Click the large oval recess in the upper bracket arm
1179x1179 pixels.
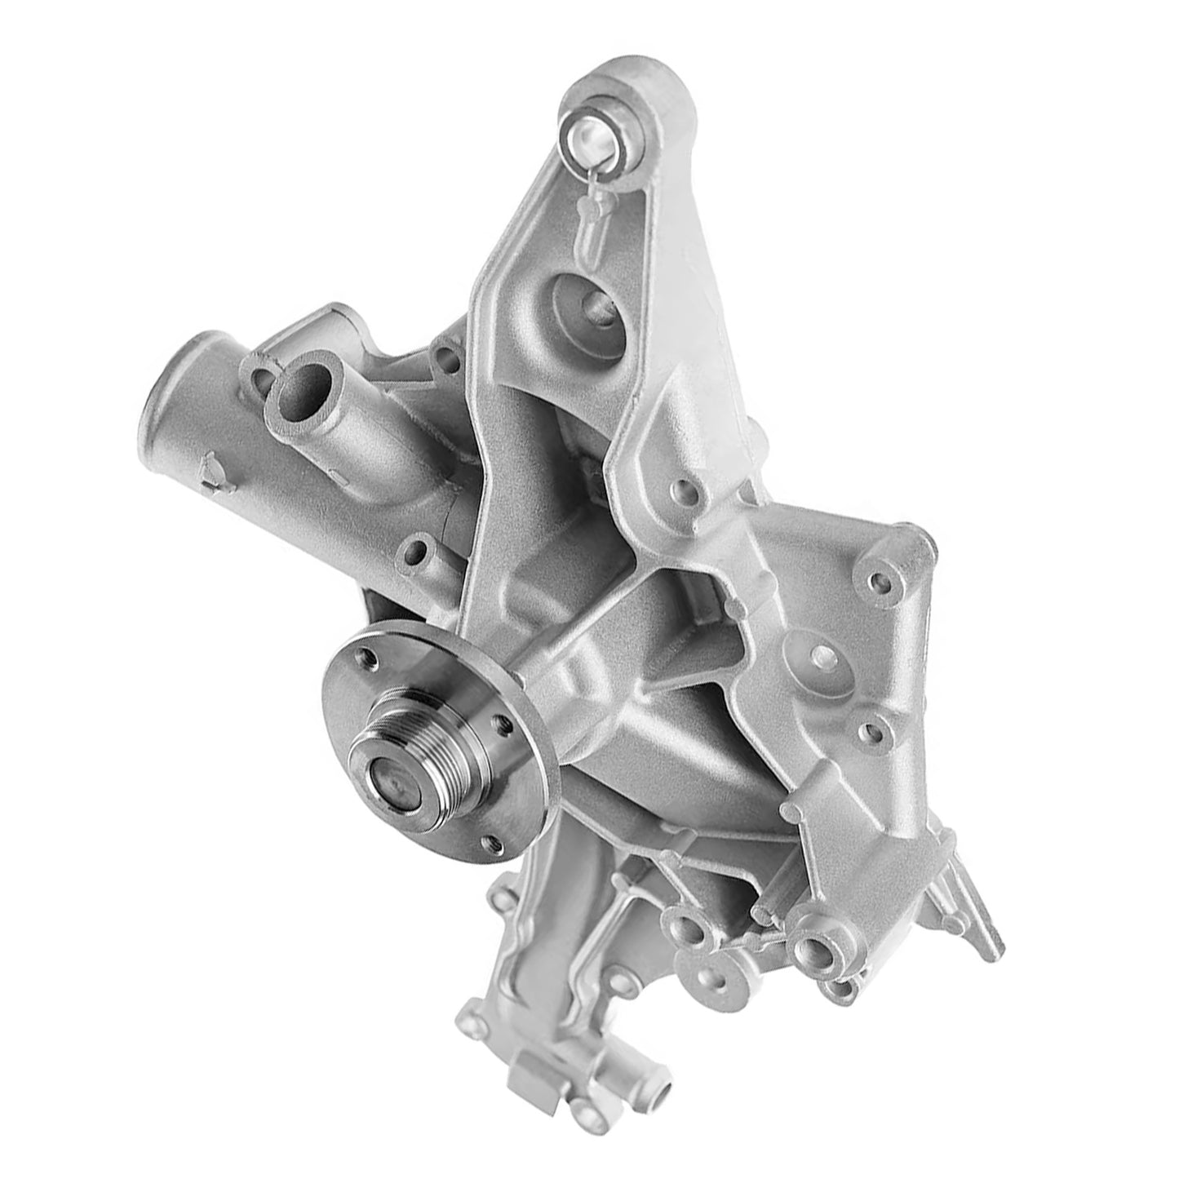[x=587, y=312]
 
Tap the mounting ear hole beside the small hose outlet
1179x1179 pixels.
[x=263, y=377]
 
